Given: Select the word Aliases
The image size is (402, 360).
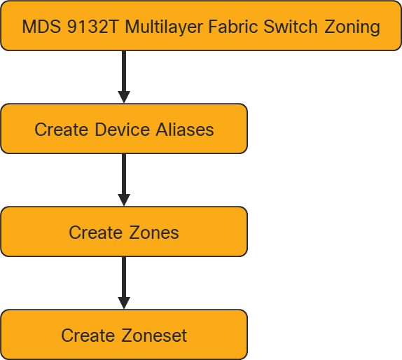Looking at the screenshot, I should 186,130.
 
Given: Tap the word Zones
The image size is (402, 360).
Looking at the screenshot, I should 153,233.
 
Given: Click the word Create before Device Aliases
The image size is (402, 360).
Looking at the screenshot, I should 62,130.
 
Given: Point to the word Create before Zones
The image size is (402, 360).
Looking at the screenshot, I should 96,233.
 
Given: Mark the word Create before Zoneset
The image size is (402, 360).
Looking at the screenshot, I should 88,335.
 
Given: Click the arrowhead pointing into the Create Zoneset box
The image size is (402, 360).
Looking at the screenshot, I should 124,303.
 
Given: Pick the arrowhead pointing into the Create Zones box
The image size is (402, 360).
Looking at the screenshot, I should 124,200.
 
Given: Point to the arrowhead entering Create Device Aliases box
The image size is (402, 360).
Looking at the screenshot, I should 124,97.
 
